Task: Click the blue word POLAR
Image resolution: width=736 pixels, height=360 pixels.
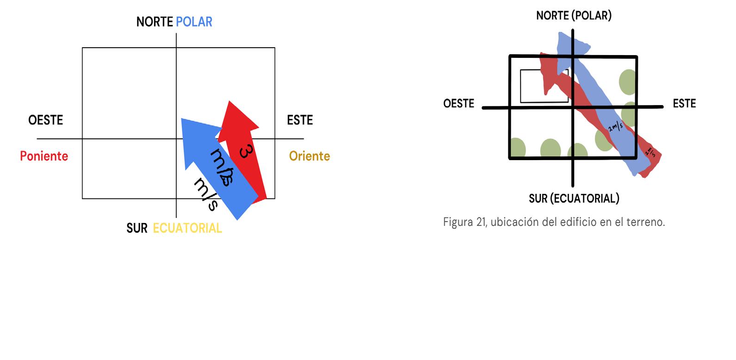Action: (194, 22)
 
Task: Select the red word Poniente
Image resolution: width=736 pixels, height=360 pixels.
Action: (44, 156)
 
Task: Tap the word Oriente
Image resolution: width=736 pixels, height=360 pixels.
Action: (309, 156)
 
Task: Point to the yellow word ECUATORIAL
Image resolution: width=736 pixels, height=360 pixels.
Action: (187, 228)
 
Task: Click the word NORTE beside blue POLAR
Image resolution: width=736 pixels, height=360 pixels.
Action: (155, 22)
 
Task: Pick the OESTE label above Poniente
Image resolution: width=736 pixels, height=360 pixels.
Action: (45, 120)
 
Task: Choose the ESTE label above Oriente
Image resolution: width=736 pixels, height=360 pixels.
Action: (300, 120)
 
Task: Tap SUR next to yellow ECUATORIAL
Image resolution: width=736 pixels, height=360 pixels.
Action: (137, 228)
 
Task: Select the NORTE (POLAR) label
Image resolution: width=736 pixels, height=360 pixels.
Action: (574, 15)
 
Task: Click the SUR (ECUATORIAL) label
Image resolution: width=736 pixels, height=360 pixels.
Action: (574, 199)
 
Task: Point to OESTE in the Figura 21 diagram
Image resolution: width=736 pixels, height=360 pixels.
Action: (458, 103)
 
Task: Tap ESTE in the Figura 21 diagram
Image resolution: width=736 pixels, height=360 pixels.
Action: (684, 103)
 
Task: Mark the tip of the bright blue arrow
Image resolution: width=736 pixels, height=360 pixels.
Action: (182, 119)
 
